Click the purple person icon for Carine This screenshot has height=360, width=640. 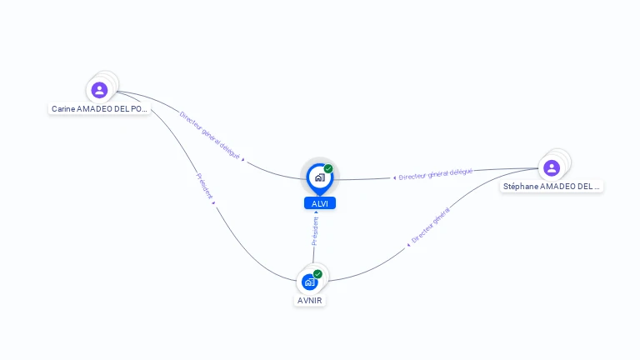[100, 90]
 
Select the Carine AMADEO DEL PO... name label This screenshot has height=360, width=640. [100, 109]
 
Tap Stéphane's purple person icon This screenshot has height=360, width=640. [551, 167]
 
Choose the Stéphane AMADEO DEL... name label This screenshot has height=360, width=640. [552, 187]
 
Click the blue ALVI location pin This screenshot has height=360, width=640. [319, 177]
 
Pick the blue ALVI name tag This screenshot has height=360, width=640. [319, 203]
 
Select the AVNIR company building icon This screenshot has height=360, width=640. [310, 282]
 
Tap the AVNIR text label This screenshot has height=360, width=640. [310, 300]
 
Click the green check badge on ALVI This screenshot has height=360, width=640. [328, 168]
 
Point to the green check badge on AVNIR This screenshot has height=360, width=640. [317, 273]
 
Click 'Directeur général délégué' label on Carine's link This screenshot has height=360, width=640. [209, 134]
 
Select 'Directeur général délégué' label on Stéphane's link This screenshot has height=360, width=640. [436, 173]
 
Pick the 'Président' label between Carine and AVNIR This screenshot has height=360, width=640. [204, 186]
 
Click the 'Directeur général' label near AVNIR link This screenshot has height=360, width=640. [431, 226]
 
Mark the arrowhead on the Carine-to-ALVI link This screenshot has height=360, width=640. [243, 158]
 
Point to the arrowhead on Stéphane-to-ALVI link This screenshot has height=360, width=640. [394, 177]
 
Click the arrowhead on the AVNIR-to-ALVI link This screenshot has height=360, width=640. [316, 212]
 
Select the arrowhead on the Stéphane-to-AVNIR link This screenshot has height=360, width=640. [408, 245]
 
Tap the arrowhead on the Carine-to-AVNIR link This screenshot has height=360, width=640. [215, 203]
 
